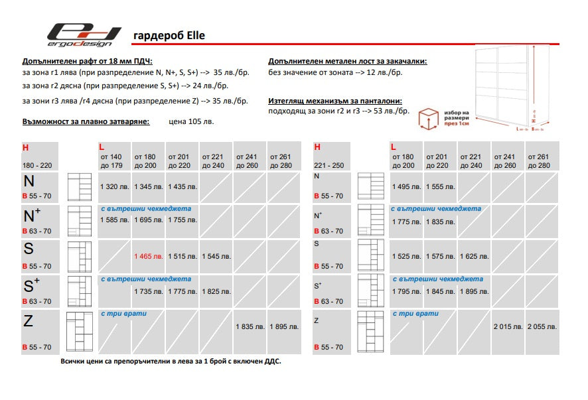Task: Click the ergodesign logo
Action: pos(84,35)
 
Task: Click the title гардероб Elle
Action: pos(164,35)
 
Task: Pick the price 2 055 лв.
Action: pos(542,327)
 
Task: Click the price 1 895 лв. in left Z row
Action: pos(283,327)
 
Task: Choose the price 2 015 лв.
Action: pos(508,327)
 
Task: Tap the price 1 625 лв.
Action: pos(475,256)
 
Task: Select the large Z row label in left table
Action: pos(29,322)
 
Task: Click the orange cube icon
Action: pos(429,119)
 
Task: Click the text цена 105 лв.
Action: pos(192,122)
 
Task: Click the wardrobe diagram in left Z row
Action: pos(79,330)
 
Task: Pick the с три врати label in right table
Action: pos(415,313)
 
